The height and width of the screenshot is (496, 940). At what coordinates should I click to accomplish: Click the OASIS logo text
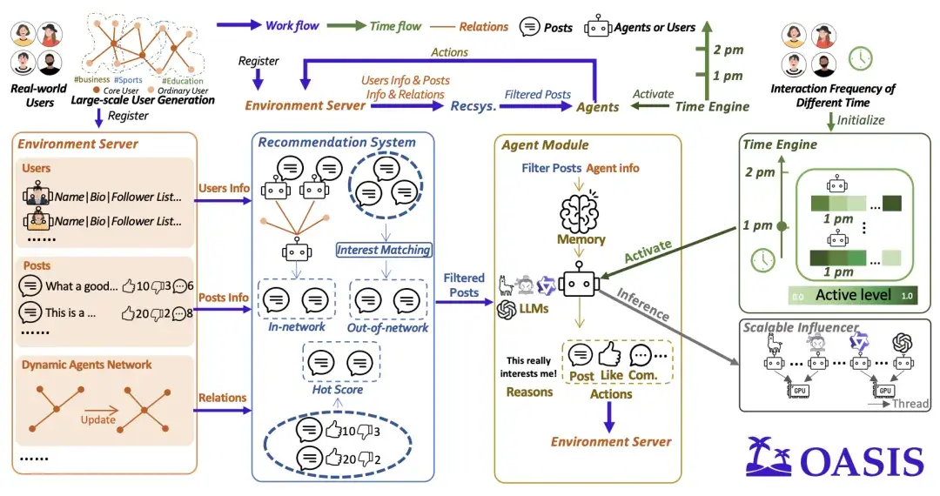(x=861, y=460)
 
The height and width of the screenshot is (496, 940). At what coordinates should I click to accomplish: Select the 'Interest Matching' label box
(x=384, y=250)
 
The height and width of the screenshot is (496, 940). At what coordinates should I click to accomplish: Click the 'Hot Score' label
(x=338, y=389)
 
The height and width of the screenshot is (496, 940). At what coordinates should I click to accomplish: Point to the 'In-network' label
(x=297, y=327)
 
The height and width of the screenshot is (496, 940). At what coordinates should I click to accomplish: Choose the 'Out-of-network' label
(x=388, y=328)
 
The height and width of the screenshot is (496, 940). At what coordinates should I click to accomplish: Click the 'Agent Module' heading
(x=545, y=145)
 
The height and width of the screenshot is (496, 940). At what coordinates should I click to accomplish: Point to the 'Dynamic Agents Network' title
(x=86, y=365)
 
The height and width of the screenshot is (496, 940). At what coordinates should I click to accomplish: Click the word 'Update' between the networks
(x=98, y=419)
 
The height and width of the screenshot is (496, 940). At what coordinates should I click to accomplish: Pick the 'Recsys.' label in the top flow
(x=473, y=106)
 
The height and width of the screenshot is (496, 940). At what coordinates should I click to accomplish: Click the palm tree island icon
(x=769, y=457)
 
